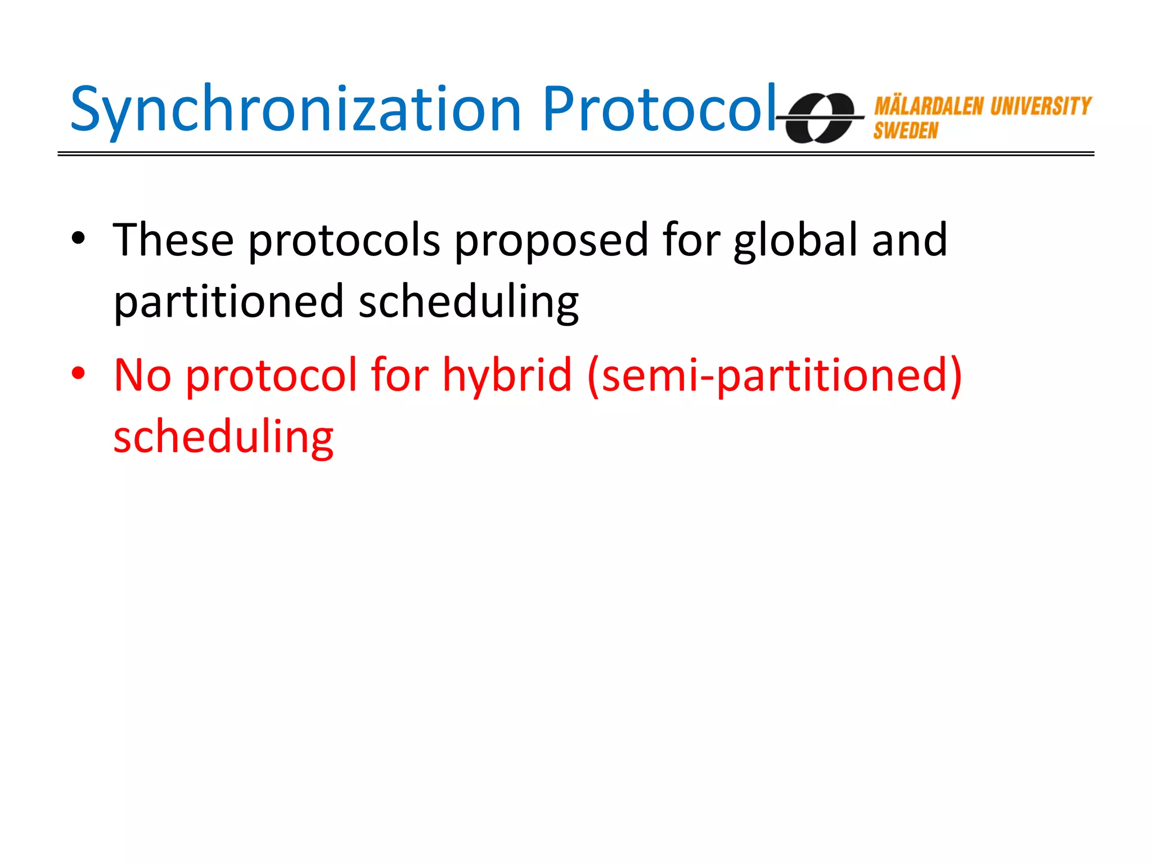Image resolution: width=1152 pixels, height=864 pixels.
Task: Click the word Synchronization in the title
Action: (295, 110)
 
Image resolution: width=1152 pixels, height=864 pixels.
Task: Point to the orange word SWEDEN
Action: (906, 131)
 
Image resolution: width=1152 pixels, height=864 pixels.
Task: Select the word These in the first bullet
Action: (173, 240)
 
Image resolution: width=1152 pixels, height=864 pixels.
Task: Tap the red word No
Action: (142, 375)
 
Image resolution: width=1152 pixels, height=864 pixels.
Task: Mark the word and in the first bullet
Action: (909, 240)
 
